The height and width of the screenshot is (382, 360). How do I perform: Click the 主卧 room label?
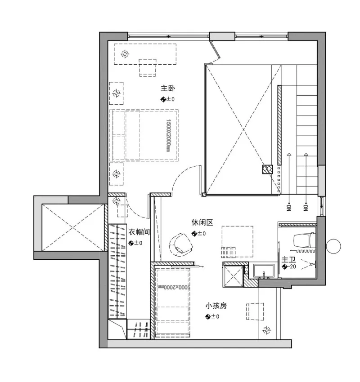tap(167, 88)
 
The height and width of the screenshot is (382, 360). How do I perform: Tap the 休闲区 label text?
tap(202, 222)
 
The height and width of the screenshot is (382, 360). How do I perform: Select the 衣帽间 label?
tap(139, 232)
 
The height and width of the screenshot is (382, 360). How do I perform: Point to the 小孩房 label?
tap(216, 306)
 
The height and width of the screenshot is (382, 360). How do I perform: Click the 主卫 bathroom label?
tap(288, 259)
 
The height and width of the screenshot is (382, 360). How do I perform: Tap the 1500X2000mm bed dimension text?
tap(168, 135)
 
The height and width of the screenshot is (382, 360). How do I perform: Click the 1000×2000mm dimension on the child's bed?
tap(174, 287)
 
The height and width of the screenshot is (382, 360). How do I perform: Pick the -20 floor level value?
tap(292, 267)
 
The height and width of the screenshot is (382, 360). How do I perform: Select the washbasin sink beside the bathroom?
tap(264, 271)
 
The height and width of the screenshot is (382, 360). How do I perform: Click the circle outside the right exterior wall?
tap(333, 246)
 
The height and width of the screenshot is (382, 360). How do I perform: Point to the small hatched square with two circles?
tap(268, 169)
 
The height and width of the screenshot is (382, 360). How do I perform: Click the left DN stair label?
tap(289, 208)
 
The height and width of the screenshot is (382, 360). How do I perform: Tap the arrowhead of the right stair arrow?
tap(306, 154)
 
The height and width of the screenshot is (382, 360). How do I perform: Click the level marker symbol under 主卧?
tap(163, 99)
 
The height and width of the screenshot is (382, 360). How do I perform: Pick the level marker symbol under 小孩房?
tap(208, 316)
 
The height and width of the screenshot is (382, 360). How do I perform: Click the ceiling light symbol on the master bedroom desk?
tap(125, 54)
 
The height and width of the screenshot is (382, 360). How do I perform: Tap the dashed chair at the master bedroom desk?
tap(148, 68)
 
